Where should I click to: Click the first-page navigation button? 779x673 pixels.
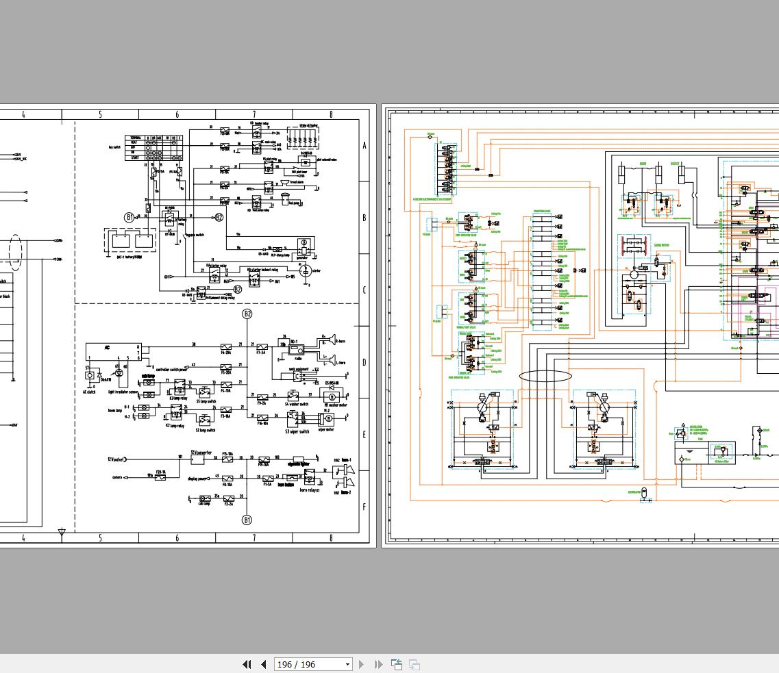pyautogui.click(x=247, y=664)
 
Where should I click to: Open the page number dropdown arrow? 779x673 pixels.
pyautogui.click(x=347, y=664)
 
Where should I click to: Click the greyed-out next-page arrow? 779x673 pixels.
pyautogui.click(x=362, y=664)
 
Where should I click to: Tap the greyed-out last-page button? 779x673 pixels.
pyautogui.click(x=378, y=664)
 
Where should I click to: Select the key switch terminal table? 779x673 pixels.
pyautogui.click(x=153, y=148)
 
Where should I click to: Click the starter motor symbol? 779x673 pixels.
pyautogui.click(x=307, y=271)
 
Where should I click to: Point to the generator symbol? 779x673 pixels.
pyautogui.click(x=302, y=245)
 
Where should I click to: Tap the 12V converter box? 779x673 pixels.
pyautogui.click(x=197, y=459)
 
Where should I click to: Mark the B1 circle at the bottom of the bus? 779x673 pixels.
pyautogui.click(x=247, y=520)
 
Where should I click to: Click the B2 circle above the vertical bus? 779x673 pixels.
pyautogui.click(x=247, y=314)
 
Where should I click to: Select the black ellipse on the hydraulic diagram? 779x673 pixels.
pyautogui.click(x=545, y=376)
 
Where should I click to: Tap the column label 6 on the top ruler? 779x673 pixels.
pyautogui.click(x=177, y=114)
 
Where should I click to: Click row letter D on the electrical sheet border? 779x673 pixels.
pyautogui.click(x=364, y=362)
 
